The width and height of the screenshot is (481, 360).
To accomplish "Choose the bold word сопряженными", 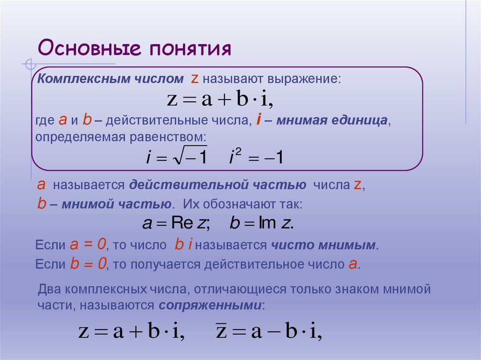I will pyautogui.click(x=209, y=306).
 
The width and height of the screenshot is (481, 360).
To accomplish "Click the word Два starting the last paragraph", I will pyautogui.click(x=48, y=289).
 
